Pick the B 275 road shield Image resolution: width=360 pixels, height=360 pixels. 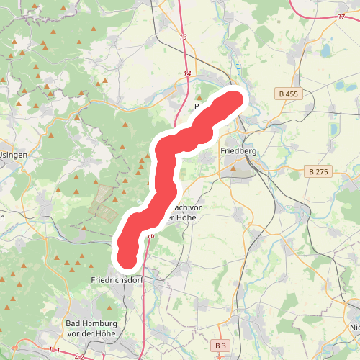click(317, 171)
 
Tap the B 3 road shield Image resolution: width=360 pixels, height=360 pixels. click(220, 346)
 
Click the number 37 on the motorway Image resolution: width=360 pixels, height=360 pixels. click(341, 17)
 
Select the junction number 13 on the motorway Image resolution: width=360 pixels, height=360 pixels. click(183, 37)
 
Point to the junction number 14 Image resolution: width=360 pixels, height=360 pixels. click(187, 73)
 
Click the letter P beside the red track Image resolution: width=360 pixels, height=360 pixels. click(196, 107)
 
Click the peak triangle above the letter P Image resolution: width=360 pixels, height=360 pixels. click(199, 96)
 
